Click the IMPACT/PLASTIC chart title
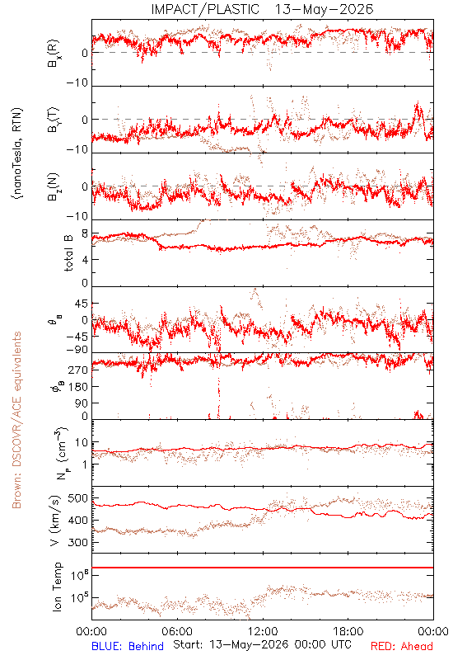coord(262,9)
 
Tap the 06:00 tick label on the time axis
coord(177,631)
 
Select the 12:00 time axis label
coord(263,631)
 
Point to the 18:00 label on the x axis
coord(348,631)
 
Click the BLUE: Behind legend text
coord(128,646)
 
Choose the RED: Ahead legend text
coord(402,646)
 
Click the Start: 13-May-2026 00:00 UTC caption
coord(262,644)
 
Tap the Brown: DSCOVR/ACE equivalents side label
coord(16,420)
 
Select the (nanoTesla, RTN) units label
coord(17,153)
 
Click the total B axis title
coord(68,253)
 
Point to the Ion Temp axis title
coord(57,587)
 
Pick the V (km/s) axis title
coord(55,521)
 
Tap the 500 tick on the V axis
coord(77,498)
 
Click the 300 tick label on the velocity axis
coord(77,543)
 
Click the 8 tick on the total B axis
coord(85,234)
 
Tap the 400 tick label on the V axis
coord(77,521)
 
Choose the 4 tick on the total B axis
coord(85,260)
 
